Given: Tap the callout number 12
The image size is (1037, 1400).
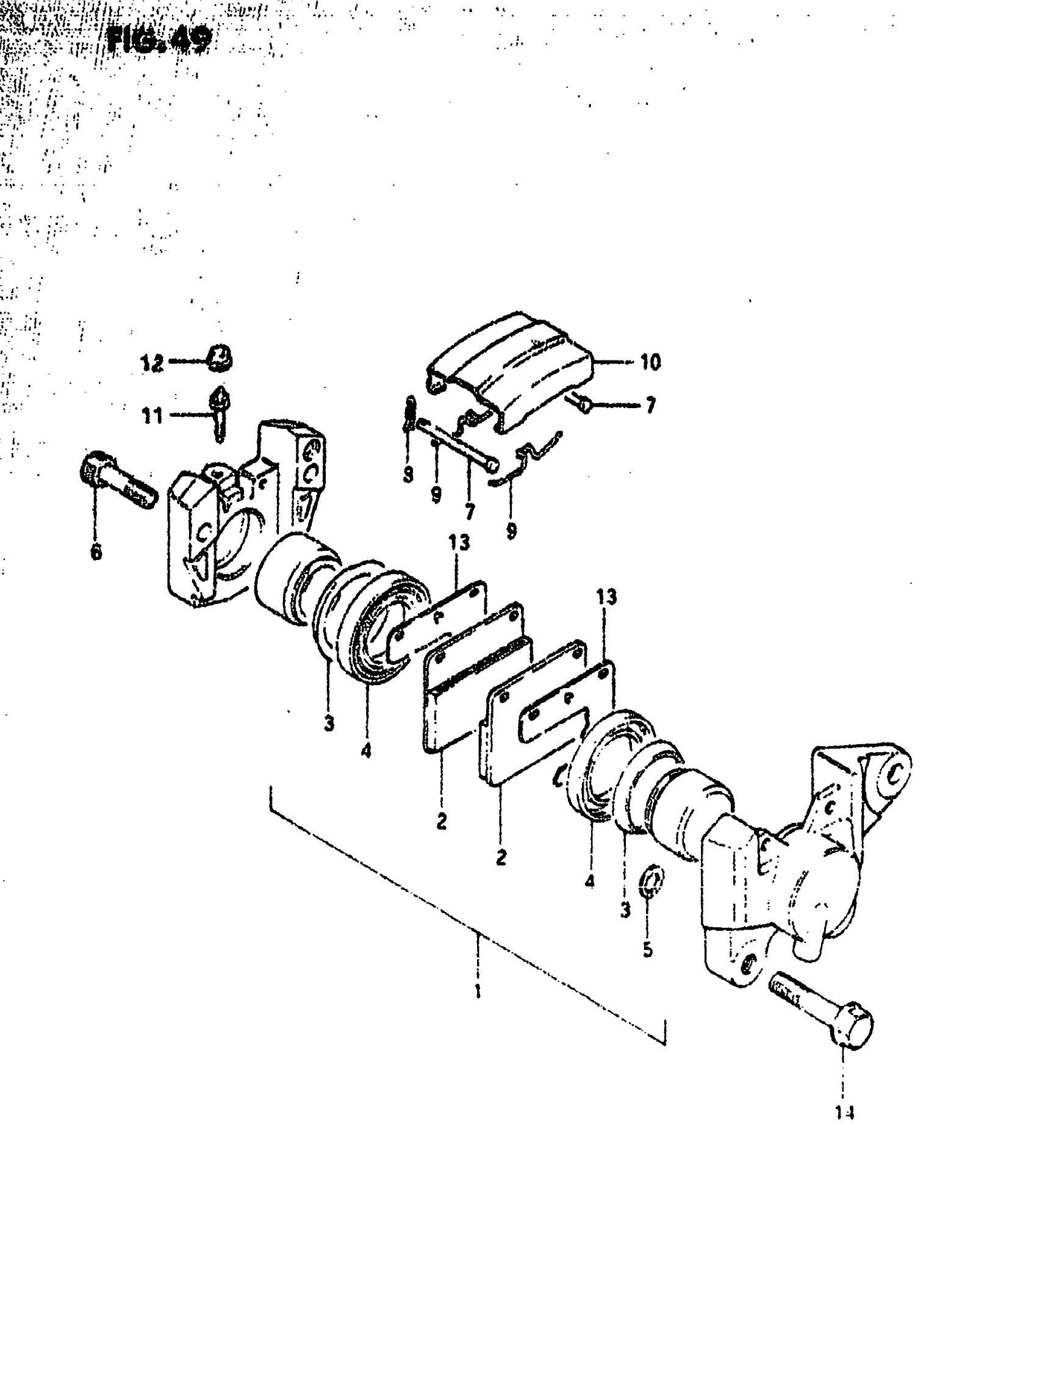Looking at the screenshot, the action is point(151,363).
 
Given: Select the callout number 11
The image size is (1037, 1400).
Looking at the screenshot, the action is point(152,415).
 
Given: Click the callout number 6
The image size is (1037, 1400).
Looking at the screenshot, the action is point(95,553).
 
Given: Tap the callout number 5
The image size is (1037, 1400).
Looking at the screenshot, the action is point(648,949).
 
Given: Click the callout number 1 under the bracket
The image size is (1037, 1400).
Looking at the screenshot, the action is point(478,991).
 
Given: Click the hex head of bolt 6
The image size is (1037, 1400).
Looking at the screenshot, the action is point(93,465).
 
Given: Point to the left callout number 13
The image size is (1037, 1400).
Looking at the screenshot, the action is point(459,542).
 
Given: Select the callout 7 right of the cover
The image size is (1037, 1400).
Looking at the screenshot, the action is point(650,405).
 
